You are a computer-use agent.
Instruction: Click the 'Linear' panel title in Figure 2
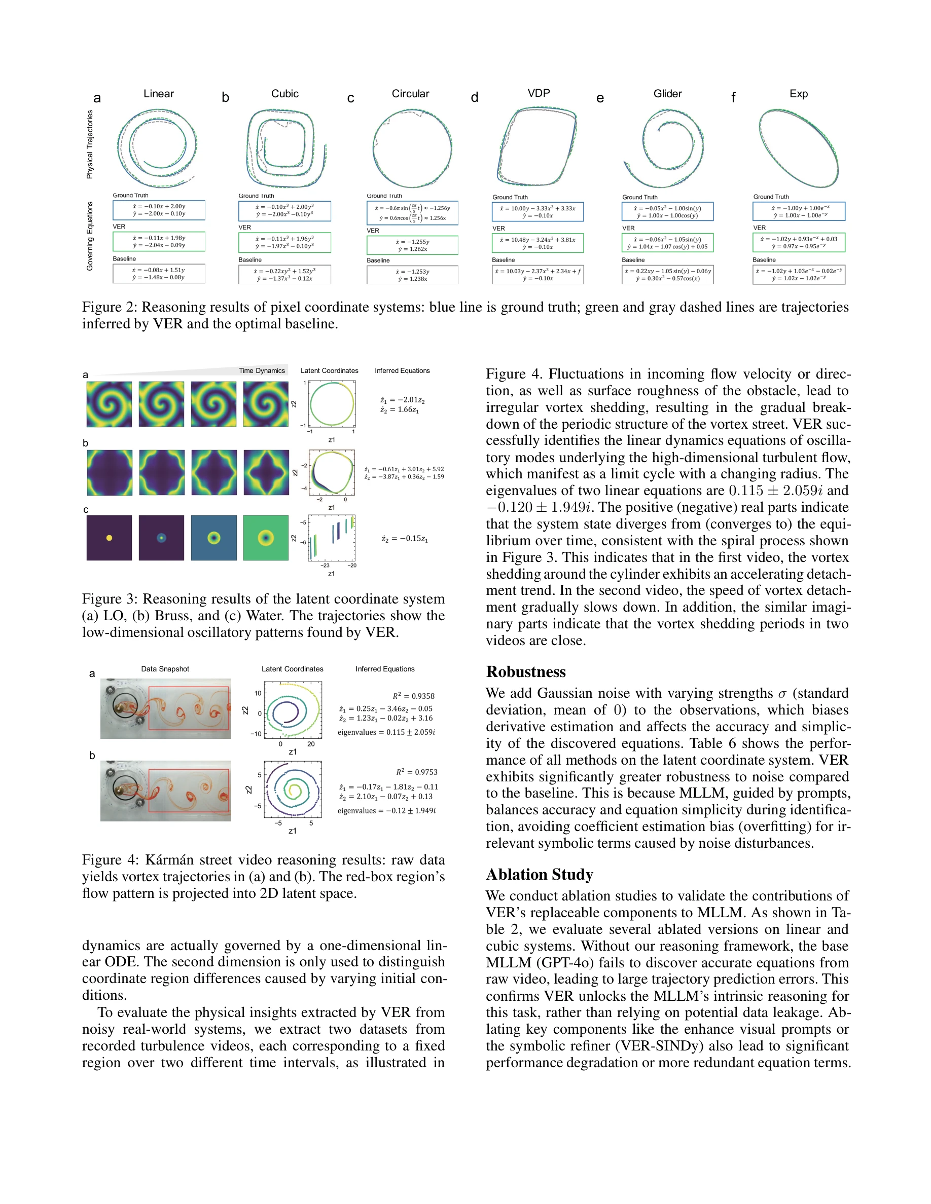pos(158,94)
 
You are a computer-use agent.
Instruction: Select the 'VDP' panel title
pos(539,93)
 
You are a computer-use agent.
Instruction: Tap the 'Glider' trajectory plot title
pos(667,94)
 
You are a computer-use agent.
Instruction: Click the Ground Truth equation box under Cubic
pos(284,211)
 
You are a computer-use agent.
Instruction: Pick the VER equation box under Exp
pos(799,243)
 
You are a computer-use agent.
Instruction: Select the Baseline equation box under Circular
pos(412,275)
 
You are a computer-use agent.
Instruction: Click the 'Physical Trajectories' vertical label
pos(89,144)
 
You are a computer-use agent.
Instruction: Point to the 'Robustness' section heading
pos(526,671)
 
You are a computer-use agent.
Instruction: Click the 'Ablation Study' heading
pos(540,874)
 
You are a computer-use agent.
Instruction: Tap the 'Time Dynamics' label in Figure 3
pos(262,370)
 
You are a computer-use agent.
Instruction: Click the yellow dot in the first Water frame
pos(109,538)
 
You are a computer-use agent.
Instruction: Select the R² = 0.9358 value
pos(414,696)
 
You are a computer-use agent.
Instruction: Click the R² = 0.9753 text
pos(416,772)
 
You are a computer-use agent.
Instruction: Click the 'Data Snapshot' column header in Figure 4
pos(165,669)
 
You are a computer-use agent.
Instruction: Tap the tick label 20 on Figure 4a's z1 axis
pos(310,744)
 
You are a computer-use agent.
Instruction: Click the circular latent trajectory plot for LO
pos(332,404)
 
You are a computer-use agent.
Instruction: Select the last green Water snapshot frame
pos(266,538)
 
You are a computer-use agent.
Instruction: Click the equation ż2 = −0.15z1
pos(404,539)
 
